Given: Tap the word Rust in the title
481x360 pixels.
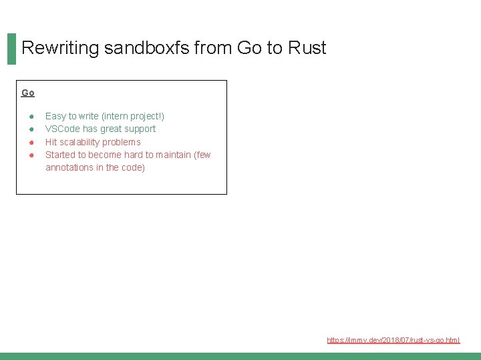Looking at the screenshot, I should pyautogui.click(x=307, y=48).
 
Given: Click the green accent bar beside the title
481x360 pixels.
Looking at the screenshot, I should pyautogui.click(x=11, y=49).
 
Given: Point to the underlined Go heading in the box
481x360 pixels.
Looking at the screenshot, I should pyautogui.click(x=28, y=93).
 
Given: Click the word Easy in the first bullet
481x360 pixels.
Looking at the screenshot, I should pyautogui.click(x=55, y=116).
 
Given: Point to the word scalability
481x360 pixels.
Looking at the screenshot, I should pyautogui.click(x=82, y=142).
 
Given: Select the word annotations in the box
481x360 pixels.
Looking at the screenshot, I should pyautogui.click(x=69, y=167).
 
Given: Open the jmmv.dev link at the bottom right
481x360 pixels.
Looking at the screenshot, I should pyautogui.click(x=393, y=340).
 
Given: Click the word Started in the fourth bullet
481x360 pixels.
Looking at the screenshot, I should pyautogui.click(x=60, y=155).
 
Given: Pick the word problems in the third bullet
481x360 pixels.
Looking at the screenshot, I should pyautogui.click(x=122, y=142).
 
